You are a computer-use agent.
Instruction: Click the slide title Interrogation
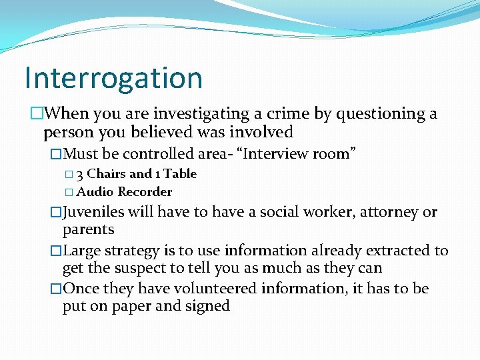(113, 77)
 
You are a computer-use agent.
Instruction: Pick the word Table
(180, 174)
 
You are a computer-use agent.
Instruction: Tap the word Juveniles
(93, 213)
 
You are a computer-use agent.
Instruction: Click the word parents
(89, 230)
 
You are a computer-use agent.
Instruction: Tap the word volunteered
(211, 289)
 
